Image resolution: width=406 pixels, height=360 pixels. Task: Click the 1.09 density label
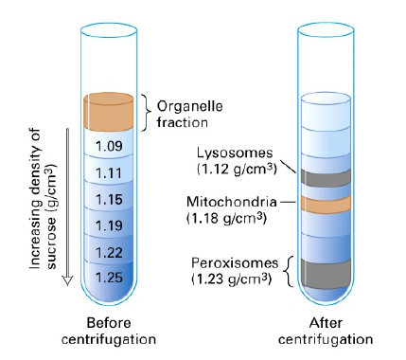[109, 146]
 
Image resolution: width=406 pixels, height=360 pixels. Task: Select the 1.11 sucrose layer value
[109, 173]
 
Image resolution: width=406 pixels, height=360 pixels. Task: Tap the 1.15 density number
[109, 200]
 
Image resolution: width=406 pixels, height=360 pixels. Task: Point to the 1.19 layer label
[109, 225]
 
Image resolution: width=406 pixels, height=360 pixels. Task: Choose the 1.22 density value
[109, 253]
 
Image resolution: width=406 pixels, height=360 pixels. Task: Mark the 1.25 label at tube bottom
[109, 278]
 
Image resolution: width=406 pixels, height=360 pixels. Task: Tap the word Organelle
[190, 107]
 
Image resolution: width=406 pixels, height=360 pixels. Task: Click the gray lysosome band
[326, 178]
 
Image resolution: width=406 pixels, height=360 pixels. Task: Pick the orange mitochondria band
[326, 203]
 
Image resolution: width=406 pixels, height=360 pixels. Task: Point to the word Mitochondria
[232, 202]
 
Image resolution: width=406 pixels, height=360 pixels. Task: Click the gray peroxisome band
[326, 273]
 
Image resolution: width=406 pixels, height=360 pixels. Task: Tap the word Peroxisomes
[235, 262]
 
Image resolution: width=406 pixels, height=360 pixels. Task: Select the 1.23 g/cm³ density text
[232, 279]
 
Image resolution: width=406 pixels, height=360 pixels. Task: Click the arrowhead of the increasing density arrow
[67, 280]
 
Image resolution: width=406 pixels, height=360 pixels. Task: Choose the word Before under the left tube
[109, 323]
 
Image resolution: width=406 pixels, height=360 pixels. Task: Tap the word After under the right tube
[326, 323]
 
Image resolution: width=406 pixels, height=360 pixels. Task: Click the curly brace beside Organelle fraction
[146, 112]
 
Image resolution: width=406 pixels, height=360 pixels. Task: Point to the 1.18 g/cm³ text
[227, 218]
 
